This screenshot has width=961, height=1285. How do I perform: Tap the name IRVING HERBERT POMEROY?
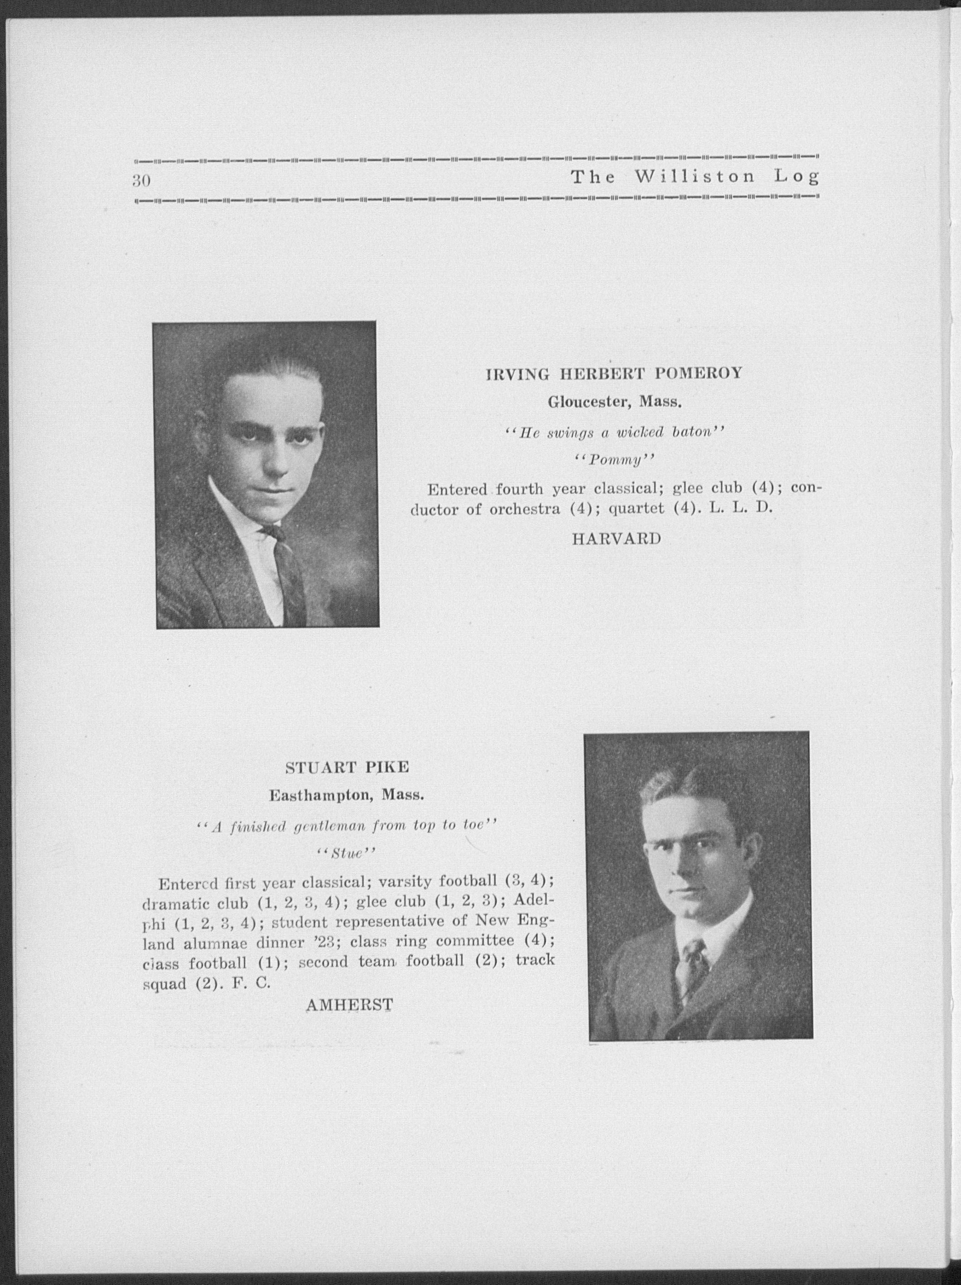tap(614, 374)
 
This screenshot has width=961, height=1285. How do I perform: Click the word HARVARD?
tap(617, 539)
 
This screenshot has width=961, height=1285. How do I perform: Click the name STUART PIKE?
tap(347, 767)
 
